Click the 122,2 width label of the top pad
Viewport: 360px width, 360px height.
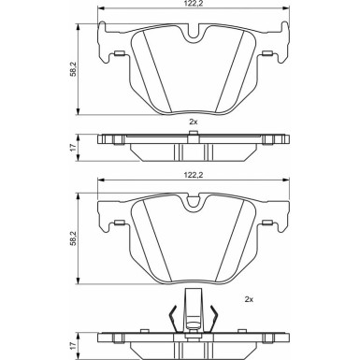tap(194, 3)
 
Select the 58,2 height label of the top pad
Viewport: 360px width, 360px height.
tap(73, 70)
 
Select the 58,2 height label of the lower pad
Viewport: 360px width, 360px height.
tap(73, 238)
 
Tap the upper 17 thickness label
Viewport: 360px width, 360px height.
tap(73, 148)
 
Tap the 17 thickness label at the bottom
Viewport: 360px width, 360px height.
tap(73, 346)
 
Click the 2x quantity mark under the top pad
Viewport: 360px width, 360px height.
tap(194, 122)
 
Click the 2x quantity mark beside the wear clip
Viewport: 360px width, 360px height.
tap(249, 299)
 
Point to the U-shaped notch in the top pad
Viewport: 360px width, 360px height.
tap(194, 34)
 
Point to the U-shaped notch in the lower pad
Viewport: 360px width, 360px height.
tap(194, 203)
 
